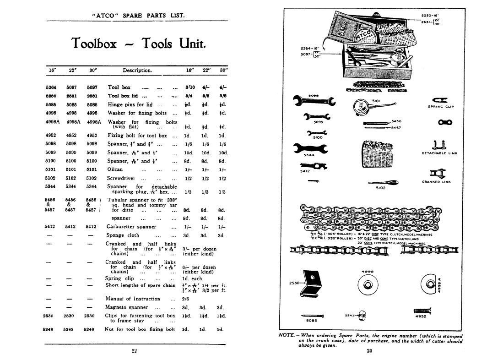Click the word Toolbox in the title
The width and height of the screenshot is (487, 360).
(94, 44)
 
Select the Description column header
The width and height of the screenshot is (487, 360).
(137, 71)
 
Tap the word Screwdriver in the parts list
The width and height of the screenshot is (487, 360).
(123, 178)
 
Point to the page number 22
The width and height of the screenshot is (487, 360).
(134, 351)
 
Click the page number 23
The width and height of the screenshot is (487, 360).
(370, 351)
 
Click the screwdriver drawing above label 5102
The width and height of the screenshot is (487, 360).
(383, 182)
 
